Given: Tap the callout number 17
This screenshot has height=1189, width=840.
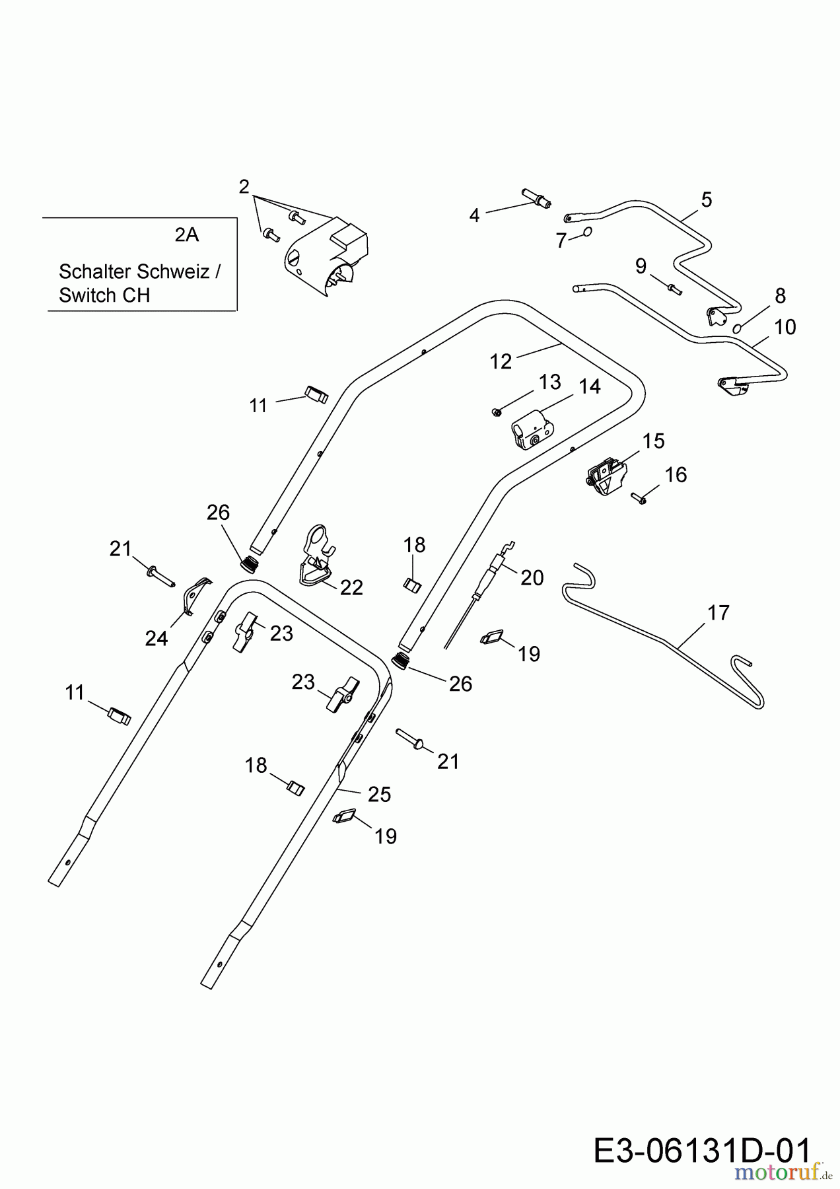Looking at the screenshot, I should tap(718, 613).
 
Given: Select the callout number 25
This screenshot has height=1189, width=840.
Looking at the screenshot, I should tap(380, 795).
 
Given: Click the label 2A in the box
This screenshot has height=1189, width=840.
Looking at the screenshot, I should tap(187, 234).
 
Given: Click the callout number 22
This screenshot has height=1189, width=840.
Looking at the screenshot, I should tap(351, 587).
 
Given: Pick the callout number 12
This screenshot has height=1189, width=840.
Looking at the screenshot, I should tap(501, 361).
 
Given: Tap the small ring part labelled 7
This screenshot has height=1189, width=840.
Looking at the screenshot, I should tap(588, 232).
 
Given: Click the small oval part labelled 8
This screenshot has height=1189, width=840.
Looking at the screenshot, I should tap(738, 328).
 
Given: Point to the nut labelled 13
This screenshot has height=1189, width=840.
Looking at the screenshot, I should tap(497, 412).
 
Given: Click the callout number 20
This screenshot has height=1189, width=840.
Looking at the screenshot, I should tap(532, 577).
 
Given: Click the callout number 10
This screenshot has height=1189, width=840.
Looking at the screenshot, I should tap(785, 327).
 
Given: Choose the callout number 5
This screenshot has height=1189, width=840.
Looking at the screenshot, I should tap(707, 199).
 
